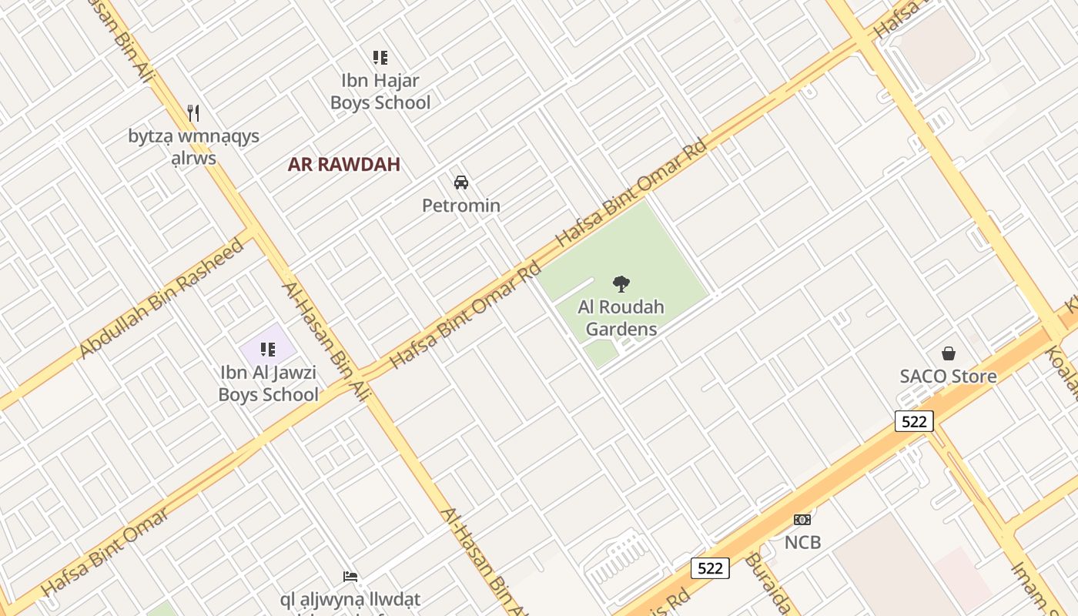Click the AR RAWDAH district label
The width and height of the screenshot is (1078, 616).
[343, 164]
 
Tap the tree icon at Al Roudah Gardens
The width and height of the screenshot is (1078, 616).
[621, 284]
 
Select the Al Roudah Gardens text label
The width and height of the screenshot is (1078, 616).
[621, 318]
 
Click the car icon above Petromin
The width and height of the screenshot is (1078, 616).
[461, 182]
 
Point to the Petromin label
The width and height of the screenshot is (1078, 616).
[461, 206]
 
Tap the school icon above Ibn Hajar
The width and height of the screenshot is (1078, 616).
[380, 57]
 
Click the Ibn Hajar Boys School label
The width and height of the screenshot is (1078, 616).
[380, 91]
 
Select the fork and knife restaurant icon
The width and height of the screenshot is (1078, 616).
[193, 113]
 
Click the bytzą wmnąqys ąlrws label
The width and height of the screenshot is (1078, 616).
[194, 147]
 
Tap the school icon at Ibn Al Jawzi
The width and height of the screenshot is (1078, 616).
[268, 350]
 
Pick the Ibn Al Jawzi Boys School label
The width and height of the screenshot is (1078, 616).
[268, 383]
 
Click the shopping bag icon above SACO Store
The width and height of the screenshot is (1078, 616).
[949, 353]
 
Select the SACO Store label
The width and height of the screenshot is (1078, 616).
[949, 377]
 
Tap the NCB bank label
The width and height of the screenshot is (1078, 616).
[802, 542]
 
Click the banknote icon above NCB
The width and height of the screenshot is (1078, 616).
[802, 520]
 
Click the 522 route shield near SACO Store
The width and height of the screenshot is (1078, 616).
[914, 421]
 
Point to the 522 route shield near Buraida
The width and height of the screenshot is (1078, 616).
[709, 568]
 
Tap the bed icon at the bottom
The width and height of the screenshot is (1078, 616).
[350, 576]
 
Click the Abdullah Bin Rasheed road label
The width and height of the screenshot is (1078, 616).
[162, 299]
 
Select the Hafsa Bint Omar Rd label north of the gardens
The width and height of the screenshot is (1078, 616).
[631, 192]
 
